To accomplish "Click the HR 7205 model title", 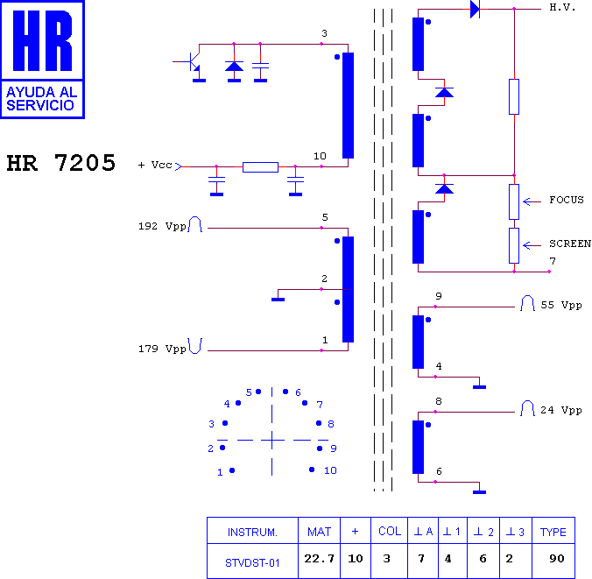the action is click(x=60, y=163).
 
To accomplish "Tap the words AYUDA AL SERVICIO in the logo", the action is click(x=41, y=98).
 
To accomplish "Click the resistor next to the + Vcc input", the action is click(x=260, y=167).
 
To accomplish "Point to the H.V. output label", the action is click(x=562, y=7).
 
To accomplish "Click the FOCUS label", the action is click(x=567, y=200).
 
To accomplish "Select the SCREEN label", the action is click(x=570, y=244).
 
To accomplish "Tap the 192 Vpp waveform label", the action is click(x=162, y=226).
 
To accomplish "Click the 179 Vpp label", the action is click(x=162, y=349).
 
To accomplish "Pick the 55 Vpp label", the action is click(x=561, y=305).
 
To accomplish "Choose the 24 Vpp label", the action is click(x=561, y=410).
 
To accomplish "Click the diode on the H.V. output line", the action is click(x=475, y=9).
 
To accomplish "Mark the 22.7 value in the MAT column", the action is click(x=319, y=558).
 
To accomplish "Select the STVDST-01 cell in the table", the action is click(x=252, y=562).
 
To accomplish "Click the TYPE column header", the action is click(x=553, y=532).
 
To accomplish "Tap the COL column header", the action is click(x=390, y=531).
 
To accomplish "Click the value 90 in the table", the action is click(x=557, y=558).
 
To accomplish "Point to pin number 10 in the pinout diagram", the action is click(x=330, y=470).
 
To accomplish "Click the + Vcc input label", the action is click(x=155, y=165).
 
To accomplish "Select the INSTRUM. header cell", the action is click(x=252, y=533).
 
